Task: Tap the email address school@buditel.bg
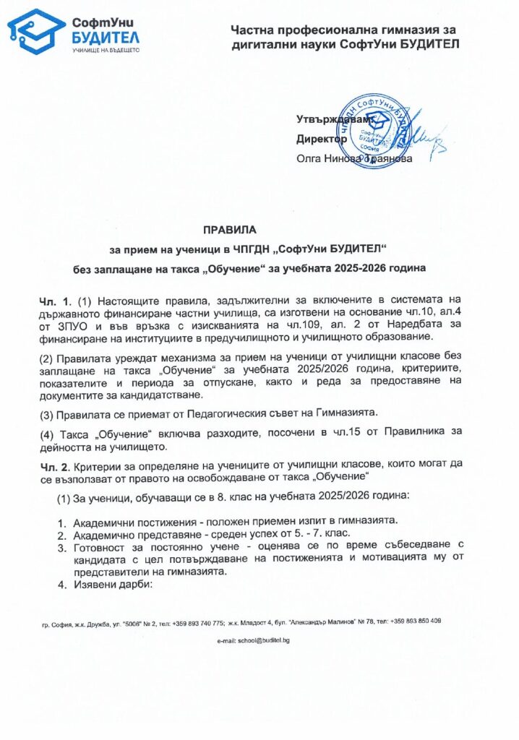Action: tap(258, 640)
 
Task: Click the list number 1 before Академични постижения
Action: tap(61, 522)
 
